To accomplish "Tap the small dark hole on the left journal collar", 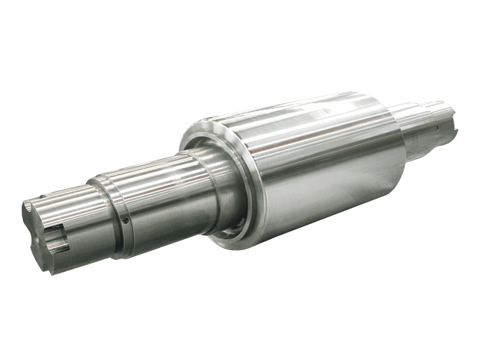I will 125,221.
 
